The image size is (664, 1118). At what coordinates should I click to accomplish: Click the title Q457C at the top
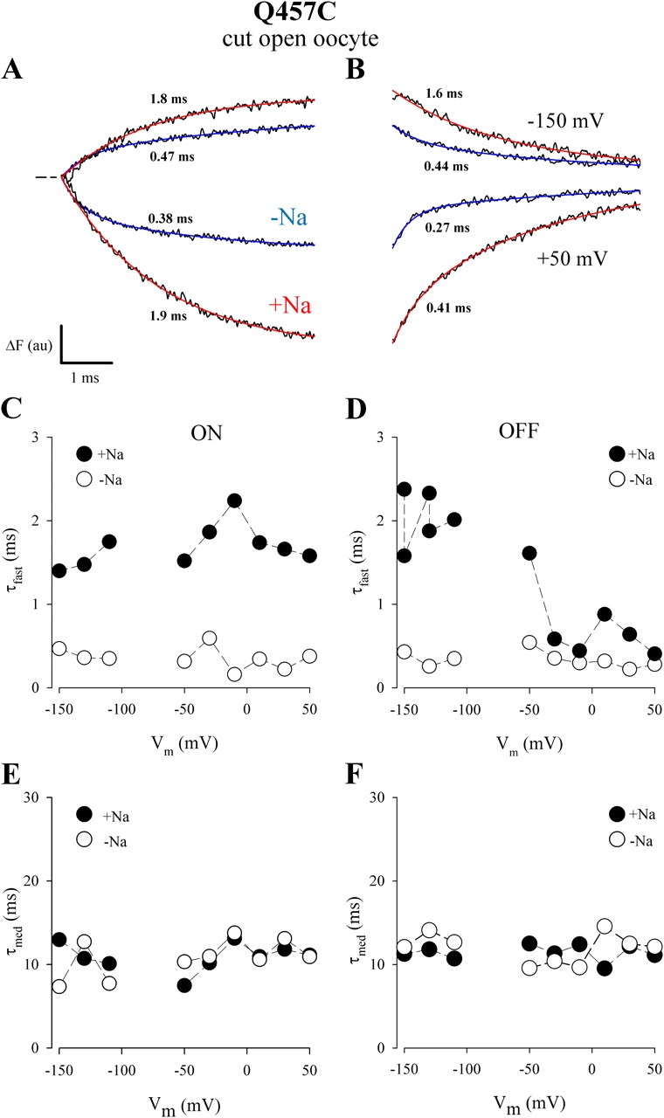331,16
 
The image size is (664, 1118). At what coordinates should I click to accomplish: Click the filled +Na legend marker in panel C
84,453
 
